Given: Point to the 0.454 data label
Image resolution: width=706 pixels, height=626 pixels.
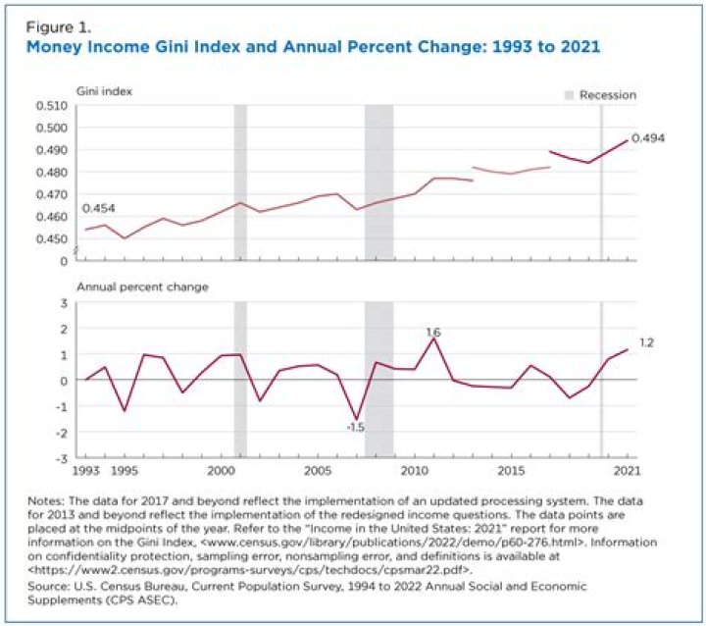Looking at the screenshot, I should [97, 209].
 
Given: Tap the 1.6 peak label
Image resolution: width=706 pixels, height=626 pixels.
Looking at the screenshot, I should [432, 333].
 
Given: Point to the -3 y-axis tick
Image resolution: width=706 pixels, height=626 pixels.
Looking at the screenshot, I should [62, 458].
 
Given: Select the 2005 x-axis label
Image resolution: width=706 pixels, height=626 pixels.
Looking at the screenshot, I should [317, 472].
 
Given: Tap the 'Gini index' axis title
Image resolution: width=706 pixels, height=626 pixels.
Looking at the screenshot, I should [105, 91].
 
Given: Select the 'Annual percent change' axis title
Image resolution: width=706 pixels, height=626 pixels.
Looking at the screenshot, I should [142, 287].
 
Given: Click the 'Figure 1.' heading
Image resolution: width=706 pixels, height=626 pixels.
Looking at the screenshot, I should [51, 27].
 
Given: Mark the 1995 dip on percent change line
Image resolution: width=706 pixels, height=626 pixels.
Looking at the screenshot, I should [125, 410].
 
